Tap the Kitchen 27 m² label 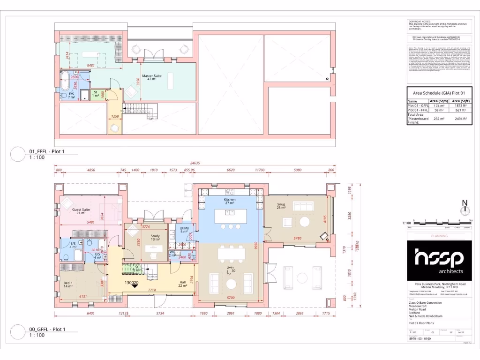[229, 202]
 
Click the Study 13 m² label [155, 238]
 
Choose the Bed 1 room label [68, 284]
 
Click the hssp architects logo [439, 260]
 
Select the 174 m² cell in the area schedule [438, 105]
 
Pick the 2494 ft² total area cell [462, 119]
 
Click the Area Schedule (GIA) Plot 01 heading [439, 93]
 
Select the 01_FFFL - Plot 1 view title [47, 151]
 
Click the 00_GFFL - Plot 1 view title [47, 329]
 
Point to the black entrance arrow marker [135, 287]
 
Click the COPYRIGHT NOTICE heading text [419, 21]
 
